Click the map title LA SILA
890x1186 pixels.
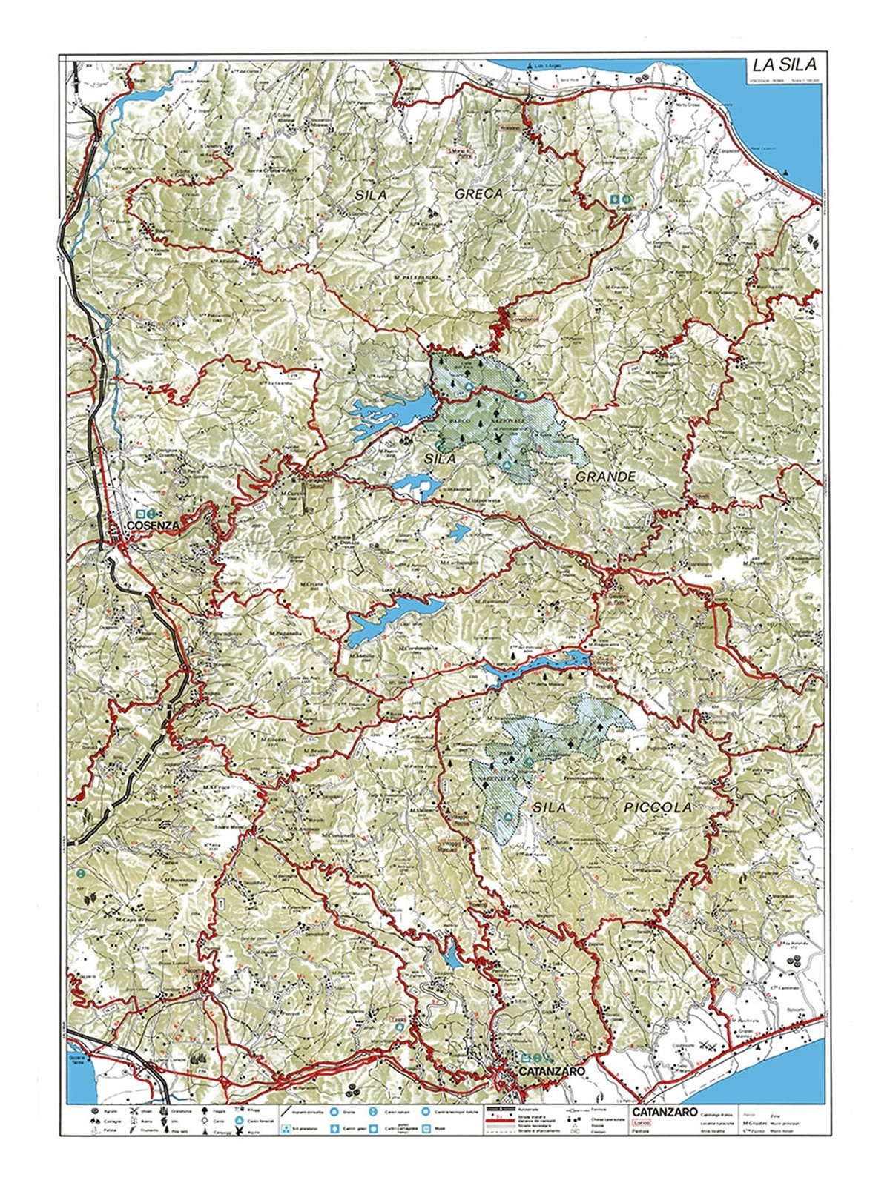(x=785, y=66)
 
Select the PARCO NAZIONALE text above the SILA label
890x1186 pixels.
(x=498, y=420)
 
